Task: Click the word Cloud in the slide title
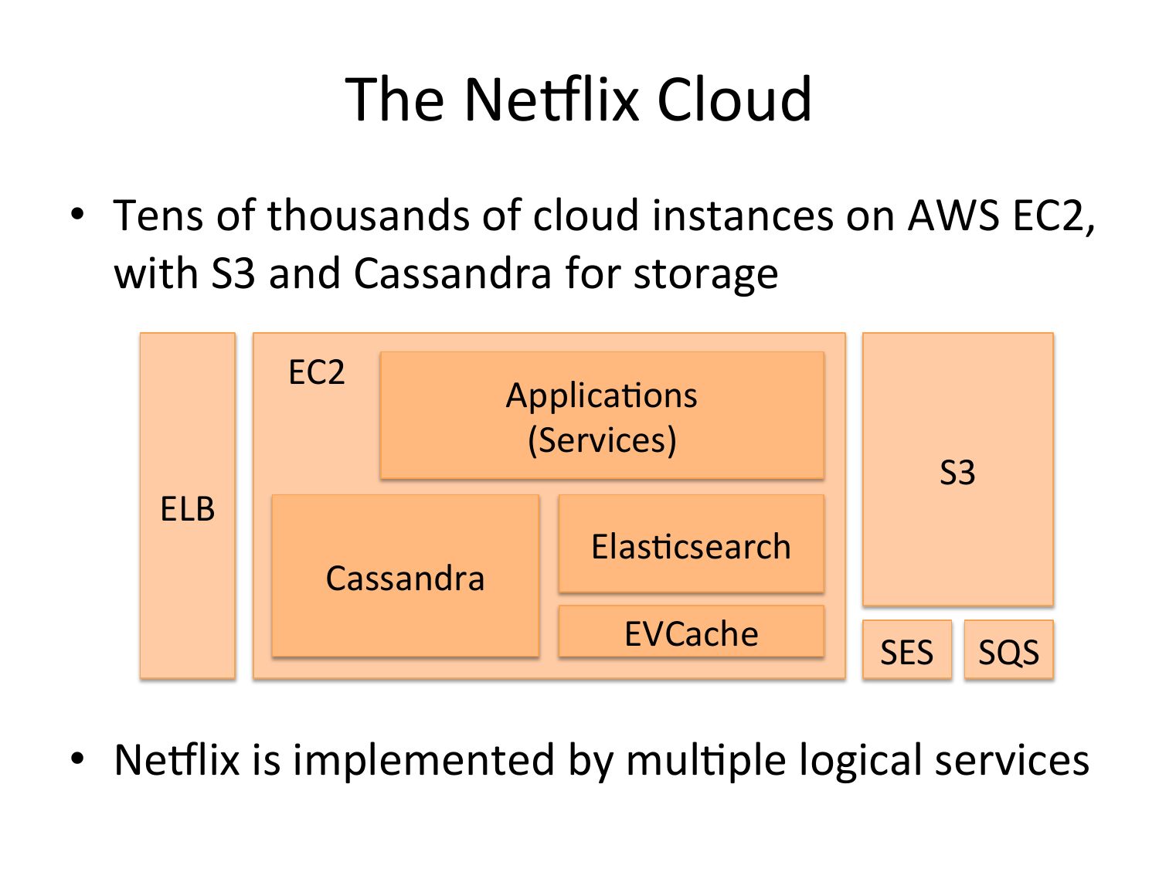[x=733, y=99]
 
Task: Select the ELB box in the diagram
[x=188, y=505]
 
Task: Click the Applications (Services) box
[x=601, y=416]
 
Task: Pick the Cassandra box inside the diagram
[x=405, y=575]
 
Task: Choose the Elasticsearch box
[x=691, y=543]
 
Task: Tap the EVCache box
[x=691, y=631]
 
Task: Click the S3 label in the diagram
[x=957, y=472]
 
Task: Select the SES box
[x=906, y=648]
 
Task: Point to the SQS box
[x=1008, y=648]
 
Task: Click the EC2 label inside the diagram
[x=316, y=372]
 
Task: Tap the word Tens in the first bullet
[x=158, y=216]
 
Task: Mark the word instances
[x=743, y=216]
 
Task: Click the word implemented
[x=423, y=761]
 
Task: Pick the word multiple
[x=706, y=761]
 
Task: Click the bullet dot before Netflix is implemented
[x=77, y=759]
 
